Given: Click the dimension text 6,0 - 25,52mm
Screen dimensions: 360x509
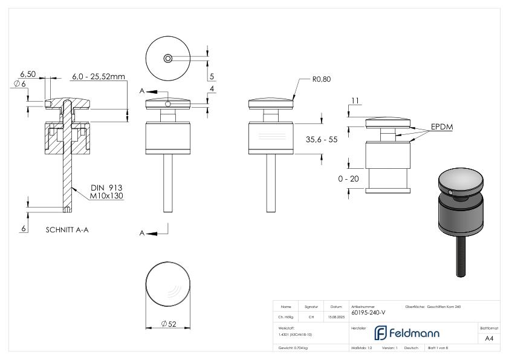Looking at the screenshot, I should pyautogui.click(x=98, y=77).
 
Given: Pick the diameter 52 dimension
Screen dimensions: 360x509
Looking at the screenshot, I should pyautogui.click(x=169, y=324).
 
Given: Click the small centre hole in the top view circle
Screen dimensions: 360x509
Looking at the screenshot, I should pyautogui.click(x=167, y=58).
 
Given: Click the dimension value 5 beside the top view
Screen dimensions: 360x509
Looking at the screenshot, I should pyautogui.click(x=212, y=76).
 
